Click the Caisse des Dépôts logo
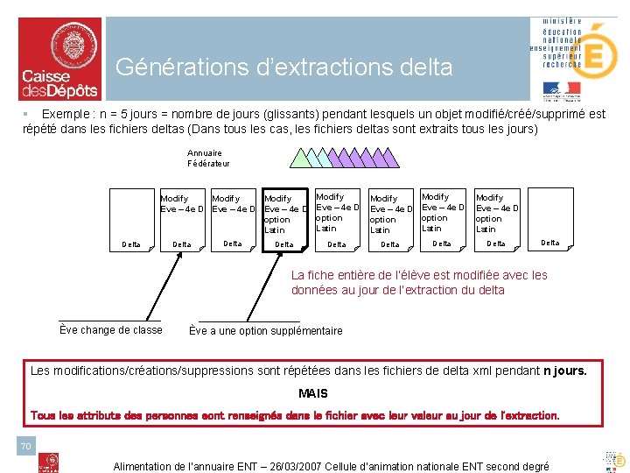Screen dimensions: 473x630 (x=59, y=59)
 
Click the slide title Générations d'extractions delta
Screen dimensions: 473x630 (x=283, y=67)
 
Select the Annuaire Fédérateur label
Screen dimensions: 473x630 (x=208, y=159)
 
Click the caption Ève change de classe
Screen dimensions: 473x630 (x=110, y=330)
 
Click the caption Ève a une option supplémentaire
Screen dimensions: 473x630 (x=266, y=331)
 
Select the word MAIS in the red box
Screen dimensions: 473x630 (x=312, y=393)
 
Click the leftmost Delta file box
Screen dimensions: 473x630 (x=133, y=221)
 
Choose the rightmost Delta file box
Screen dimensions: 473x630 (x=549, y=221)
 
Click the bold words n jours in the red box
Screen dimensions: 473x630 (x=564, y=371)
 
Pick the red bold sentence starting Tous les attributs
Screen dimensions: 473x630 (x=295, y=414)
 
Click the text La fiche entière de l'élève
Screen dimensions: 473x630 (x=419, y=275)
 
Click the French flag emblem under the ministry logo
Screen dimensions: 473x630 (x=561, y=88)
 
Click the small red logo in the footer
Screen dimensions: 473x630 (x=52, y=462)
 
